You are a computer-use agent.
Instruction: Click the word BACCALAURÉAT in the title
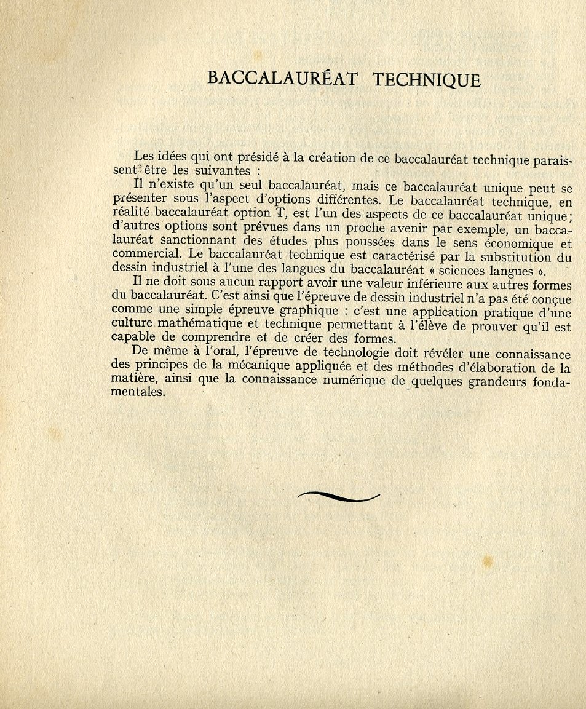pyautogui.click(x=283, y=79)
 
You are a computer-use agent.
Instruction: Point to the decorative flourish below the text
pyautogui.click(x=338, y=496)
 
